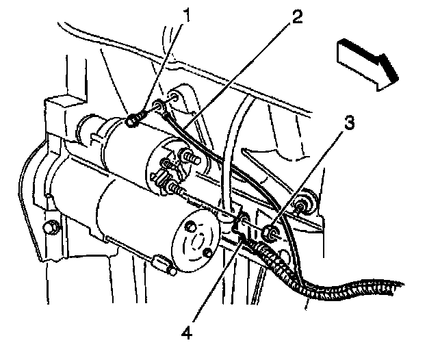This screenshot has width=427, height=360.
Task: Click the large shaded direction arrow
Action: (367, 61)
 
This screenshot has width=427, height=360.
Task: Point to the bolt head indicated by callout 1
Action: (134, 123)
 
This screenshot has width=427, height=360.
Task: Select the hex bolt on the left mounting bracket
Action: (51, 227)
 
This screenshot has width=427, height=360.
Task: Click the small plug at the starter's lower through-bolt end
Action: (164, 264)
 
